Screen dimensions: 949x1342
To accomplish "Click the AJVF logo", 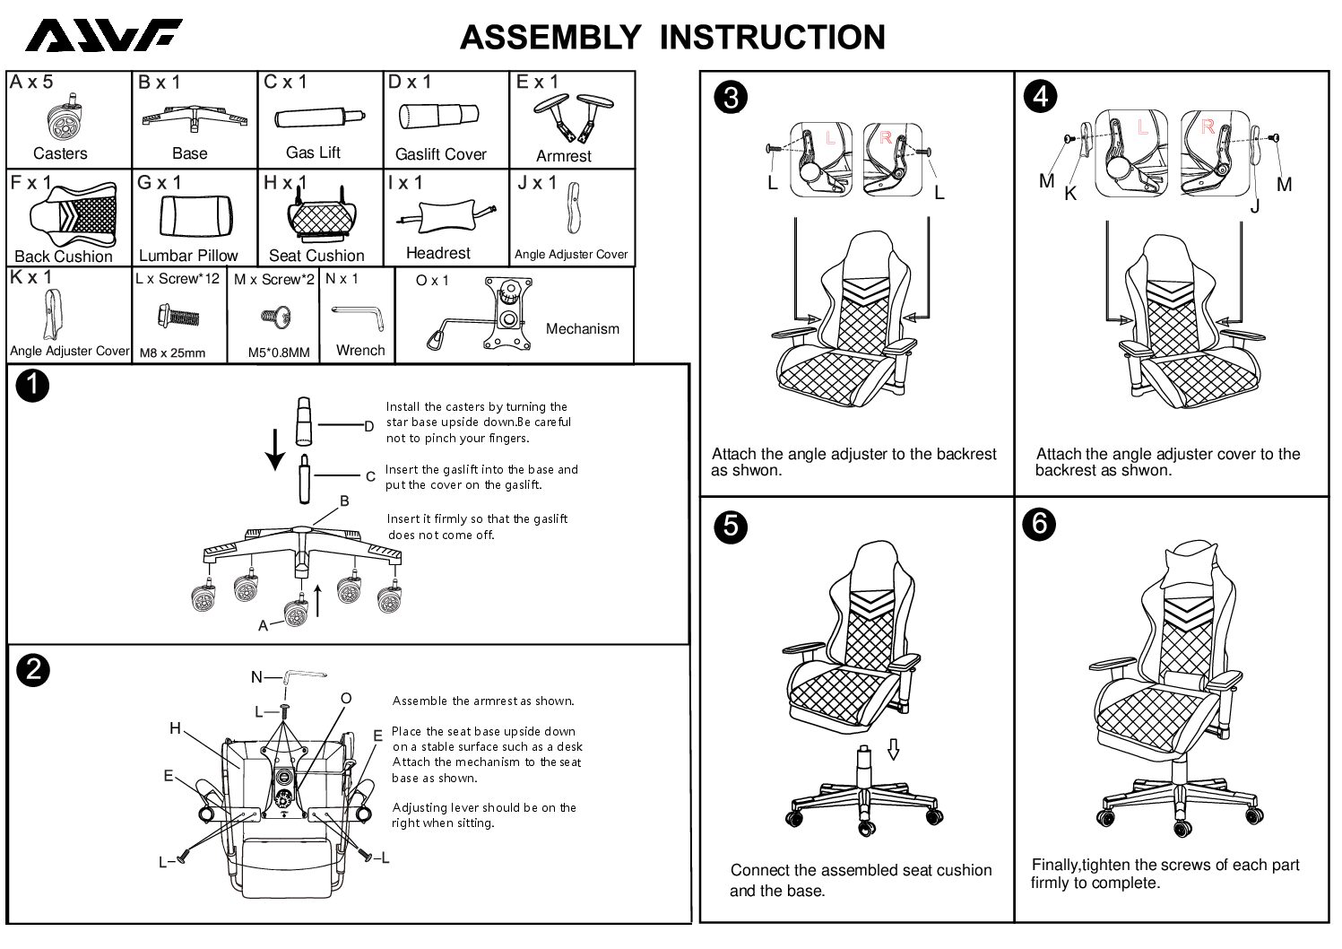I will coord(103,36).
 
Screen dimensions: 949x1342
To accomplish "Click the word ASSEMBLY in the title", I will coord(550,38).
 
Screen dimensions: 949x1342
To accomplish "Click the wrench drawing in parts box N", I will coord(357,312).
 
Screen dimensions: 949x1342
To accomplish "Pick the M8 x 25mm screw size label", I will coord(172,353).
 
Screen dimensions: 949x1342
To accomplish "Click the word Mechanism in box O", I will coord(582,328).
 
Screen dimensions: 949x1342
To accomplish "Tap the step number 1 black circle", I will coord(33,386).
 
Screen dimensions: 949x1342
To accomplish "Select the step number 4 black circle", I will coord(1040,95).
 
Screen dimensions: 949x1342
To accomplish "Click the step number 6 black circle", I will coord(1040,523).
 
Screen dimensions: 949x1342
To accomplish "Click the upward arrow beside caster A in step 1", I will coord(318,599).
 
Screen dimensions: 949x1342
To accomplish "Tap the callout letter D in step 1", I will coord(368,427).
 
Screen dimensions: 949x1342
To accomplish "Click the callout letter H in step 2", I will coord(176,728).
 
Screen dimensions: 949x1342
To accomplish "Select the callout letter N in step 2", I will coord(256,677).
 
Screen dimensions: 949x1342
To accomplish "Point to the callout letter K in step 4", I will coord(1069,194).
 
